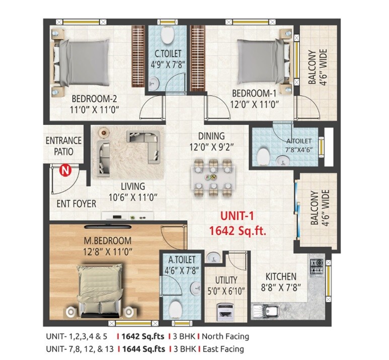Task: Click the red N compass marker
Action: (x=64, y=171)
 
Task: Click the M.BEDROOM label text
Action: (x=107, y=240)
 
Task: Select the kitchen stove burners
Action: (x=318, y=263)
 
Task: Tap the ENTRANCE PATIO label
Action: (x=63, y=146)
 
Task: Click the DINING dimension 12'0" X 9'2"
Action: (x=211, y=148)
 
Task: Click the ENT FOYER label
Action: (x=76, y=204)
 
